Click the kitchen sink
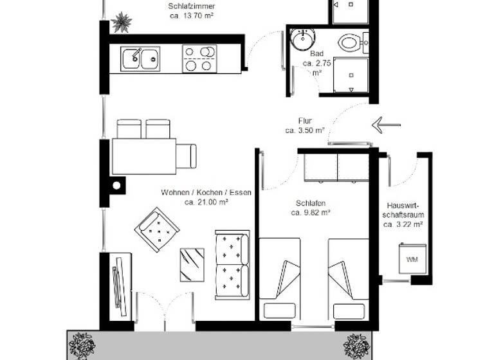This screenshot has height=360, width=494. pyautogui.click(x=140, y=59)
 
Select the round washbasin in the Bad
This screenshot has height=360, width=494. pyautogui.click(x=300, y=40)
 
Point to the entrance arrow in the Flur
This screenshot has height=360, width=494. pyautogui.click(x=386, y=125)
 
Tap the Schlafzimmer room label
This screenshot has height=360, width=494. pyautogui.click(x=191, y=6)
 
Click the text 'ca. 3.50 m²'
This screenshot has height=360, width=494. pyautogui.click(x=304, y=130)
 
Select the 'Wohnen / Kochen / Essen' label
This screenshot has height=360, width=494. pyautogui.click(x=206, y=192)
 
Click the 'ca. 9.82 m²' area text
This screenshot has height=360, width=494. pyautogui.click(x=311, y=212)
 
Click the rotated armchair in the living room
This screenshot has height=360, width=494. pyautogui.click(x=157, y=228)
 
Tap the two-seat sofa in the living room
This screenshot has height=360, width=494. pyautogui.click(x=232, y=263)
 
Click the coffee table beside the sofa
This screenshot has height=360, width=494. pyautogui.click(x=192, y=264)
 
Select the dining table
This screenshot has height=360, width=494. pyautogui.click(x=143, y=156)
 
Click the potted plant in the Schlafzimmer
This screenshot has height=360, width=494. pyautogui.click(x=121, y=22)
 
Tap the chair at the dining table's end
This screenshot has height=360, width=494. pyautogui.click(x=187, y=156)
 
